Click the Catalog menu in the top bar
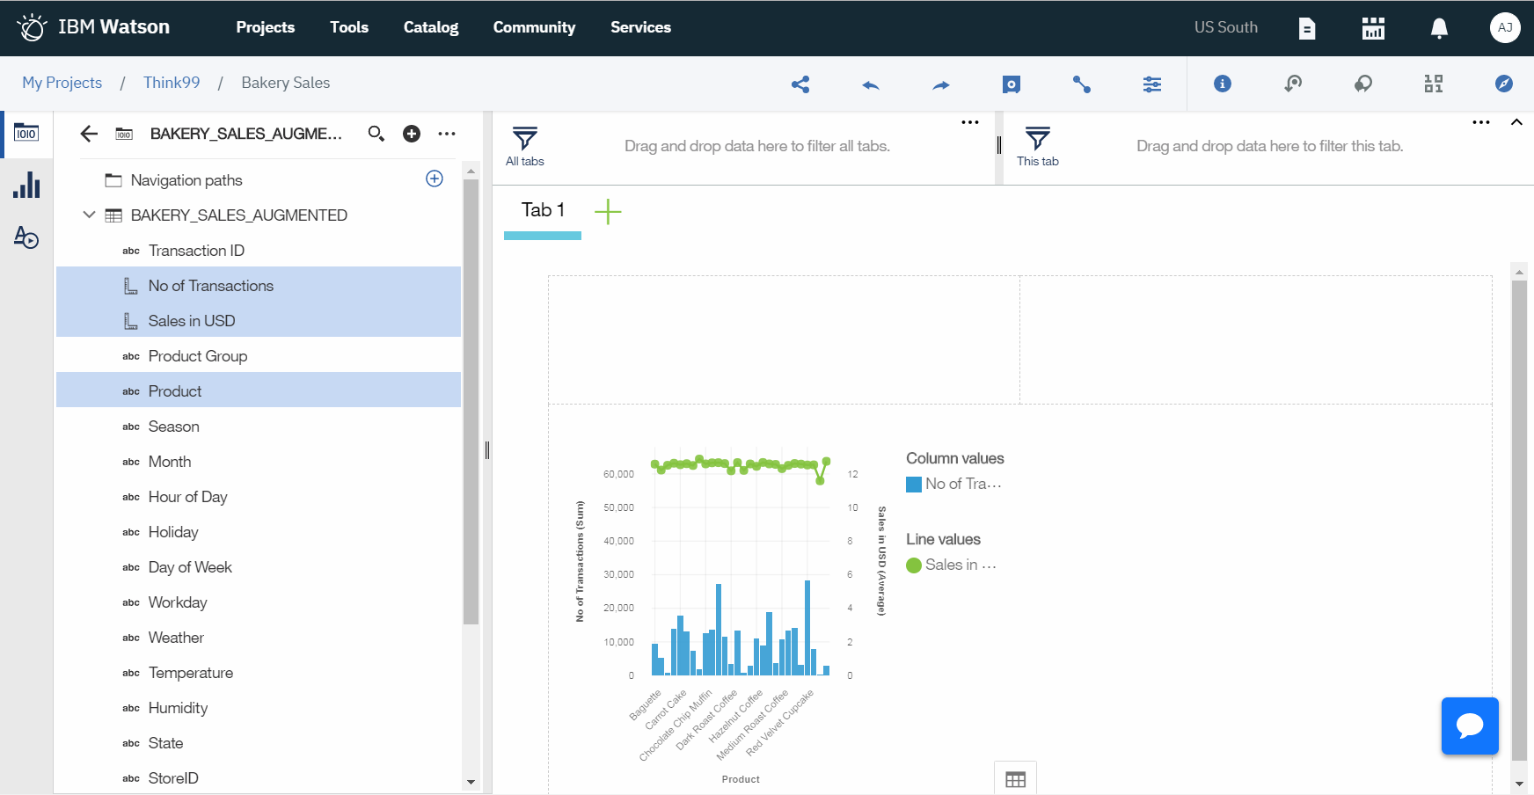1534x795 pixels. tap(431, 27)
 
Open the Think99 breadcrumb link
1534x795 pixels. tap(172, 83)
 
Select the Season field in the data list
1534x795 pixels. tap(173, 427)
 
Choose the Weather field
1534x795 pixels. tap(176, 638)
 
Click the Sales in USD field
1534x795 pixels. tap(192, 321)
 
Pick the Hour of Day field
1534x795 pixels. tap(187, 497)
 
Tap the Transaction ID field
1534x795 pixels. tap(196, 251)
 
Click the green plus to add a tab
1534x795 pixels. tap(608, 211)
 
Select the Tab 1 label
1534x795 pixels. tap(543, 210)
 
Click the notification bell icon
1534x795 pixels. tap(1439, 28)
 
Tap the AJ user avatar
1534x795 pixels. tap(1505, 27)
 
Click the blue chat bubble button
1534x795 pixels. tap(1470, 726)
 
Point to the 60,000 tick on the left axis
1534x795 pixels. tap(618, 474)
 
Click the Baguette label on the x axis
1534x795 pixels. tap(646, 705)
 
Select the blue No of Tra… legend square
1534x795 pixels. tap(914, 484)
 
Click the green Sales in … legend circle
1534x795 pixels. tap(914, 565)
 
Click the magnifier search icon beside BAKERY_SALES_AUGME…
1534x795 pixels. tap(376, 134)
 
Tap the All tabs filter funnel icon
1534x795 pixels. tap(525, 139)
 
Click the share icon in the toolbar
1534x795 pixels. tap(800, 84)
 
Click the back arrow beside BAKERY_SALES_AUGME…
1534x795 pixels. tap(89, 134)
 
